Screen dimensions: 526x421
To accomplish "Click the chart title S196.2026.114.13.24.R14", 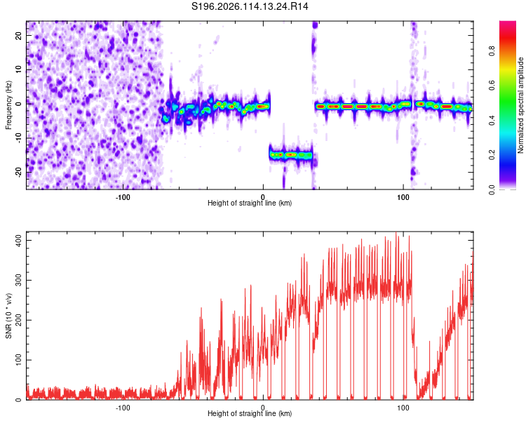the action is tap(250, 6).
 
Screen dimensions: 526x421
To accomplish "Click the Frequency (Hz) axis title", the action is tap(8, 105).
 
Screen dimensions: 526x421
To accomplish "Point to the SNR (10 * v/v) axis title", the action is tap(8, 316).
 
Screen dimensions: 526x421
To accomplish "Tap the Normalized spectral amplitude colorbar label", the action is tap(520, 105).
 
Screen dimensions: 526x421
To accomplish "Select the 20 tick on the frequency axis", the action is tap(18, 36).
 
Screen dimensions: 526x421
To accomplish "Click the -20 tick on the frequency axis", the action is tap(18, 172).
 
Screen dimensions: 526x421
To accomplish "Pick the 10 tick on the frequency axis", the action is tap(18, 70).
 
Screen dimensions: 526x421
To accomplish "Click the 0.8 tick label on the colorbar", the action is tap(492, 51).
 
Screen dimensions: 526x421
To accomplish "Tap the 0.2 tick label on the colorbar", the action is tap(492, 155).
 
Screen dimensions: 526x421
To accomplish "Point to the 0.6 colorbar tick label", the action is tap(492, 86).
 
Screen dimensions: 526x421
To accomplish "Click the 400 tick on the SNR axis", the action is tap(18, 241).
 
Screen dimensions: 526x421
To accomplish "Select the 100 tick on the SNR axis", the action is tap(18, 360).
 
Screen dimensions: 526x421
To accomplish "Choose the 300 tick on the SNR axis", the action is tap(18, 281).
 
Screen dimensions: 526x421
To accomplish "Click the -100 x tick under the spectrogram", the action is tap(123, 197).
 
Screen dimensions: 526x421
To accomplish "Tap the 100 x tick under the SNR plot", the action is tap(403, 408).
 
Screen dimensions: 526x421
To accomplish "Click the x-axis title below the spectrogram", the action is tap(250, 203).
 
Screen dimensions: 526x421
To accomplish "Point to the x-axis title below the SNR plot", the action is tap(250, 413).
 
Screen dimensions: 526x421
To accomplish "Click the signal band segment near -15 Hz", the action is tap(291, 155).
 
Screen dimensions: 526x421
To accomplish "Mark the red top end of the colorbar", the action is tap(508, 22).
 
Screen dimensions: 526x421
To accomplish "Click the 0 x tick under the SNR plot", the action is tap(263, 408).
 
